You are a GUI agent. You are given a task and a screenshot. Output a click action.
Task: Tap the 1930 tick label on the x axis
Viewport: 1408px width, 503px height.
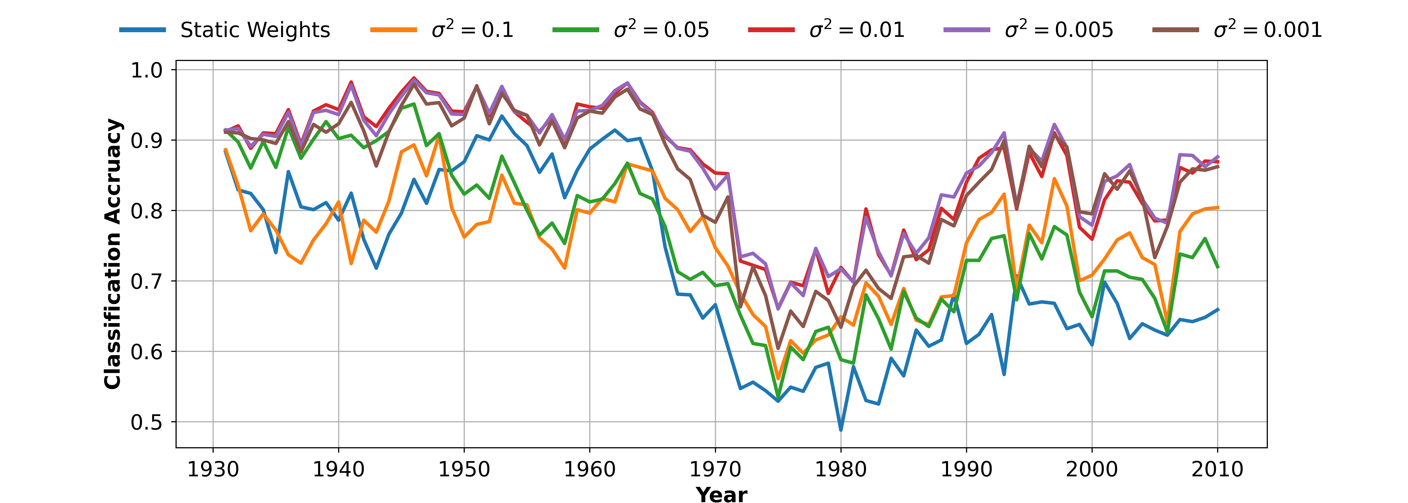213,469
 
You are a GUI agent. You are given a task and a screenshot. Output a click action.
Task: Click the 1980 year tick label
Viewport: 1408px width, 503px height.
841,469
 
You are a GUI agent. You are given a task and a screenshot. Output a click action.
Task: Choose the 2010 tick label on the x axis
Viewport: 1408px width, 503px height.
1217,469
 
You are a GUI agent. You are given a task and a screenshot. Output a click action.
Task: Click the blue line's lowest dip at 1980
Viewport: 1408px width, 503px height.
841,430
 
